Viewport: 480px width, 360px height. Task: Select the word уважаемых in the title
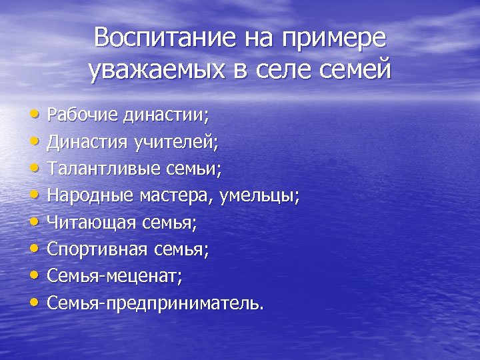[x=157, y=70]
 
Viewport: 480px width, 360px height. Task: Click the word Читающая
[x=89, y=223]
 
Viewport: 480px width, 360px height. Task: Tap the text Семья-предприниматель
[x=155, y=304]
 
